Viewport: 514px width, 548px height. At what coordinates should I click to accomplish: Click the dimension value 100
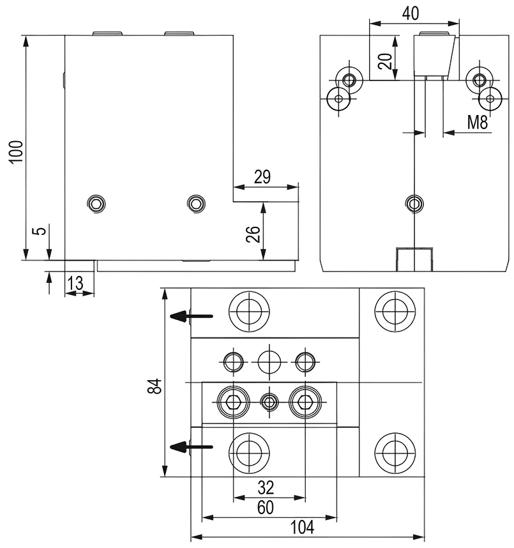tap(17, 151)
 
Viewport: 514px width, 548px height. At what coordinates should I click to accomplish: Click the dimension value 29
tap(262, 177)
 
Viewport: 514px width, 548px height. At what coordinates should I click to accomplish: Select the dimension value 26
tap(252, 235)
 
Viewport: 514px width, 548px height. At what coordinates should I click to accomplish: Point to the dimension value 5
tap(39, 231)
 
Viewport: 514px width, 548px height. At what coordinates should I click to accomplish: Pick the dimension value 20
tap(384, 62)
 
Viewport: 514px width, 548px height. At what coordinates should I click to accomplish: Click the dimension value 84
tap(154, 386)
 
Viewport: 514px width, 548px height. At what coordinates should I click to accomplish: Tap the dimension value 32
tap(266, 488)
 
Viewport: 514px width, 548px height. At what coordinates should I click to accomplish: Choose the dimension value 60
tap(266, 508)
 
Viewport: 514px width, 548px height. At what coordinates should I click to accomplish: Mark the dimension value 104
tap(303, 528)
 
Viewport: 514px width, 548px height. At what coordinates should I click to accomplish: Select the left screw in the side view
tap(96, 203)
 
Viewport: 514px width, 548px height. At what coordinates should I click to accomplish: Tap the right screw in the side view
tap(195, 203)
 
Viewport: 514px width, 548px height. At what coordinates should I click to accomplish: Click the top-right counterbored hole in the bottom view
tap(392, 311)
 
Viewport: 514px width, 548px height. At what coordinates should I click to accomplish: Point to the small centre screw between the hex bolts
tap(269, 402)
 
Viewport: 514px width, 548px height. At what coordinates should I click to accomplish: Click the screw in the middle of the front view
tap(414, 203)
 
